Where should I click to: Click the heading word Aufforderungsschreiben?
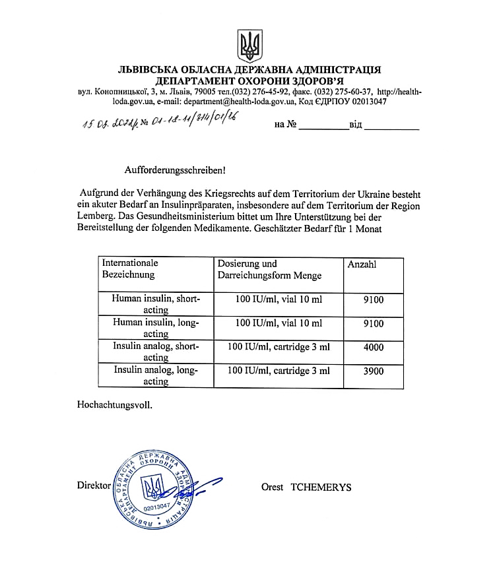[175, 170]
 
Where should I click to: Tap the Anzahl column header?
[362, 264]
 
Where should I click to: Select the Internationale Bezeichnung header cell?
[130, 268]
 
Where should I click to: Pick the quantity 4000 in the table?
[374, 346]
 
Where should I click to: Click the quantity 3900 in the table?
[374, 371]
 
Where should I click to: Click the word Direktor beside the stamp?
[93, 485]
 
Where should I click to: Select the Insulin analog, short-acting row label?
[156, 352]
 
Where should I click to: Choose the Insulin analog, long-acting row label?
[156, 376]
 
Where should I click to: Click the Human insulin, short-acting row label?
[156, 303]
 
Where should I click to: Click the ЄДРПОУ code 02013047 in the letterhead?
[362, 102]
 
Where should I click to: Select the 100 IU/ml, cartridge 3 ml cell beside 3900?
[279, 371]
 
